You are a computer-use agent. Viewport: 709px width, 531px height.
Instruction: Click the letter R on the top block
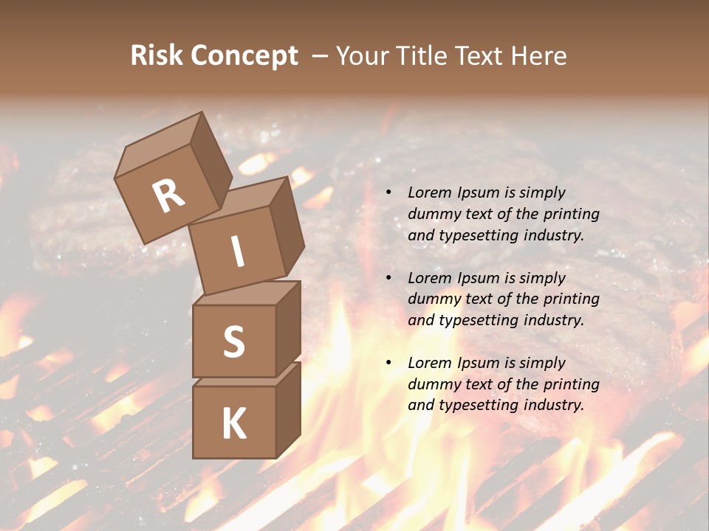(169, 195)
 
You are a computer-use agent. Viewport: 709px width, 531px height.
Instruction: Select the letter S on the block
(233, 341)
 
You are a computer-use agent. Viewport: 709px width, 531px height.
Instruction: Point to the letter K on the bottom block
(233, 424)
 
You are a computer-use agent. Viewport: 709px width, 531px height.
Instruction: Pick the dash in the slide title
(321, 56)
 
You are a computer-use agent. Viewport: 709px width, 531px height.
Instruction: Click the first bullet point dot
(388, 193)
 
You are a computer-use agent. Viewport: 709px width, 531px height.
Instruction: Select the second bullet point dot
(388, 279)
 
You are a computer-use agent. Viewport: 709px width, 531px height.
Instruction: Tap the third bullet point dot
(388, 364)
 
